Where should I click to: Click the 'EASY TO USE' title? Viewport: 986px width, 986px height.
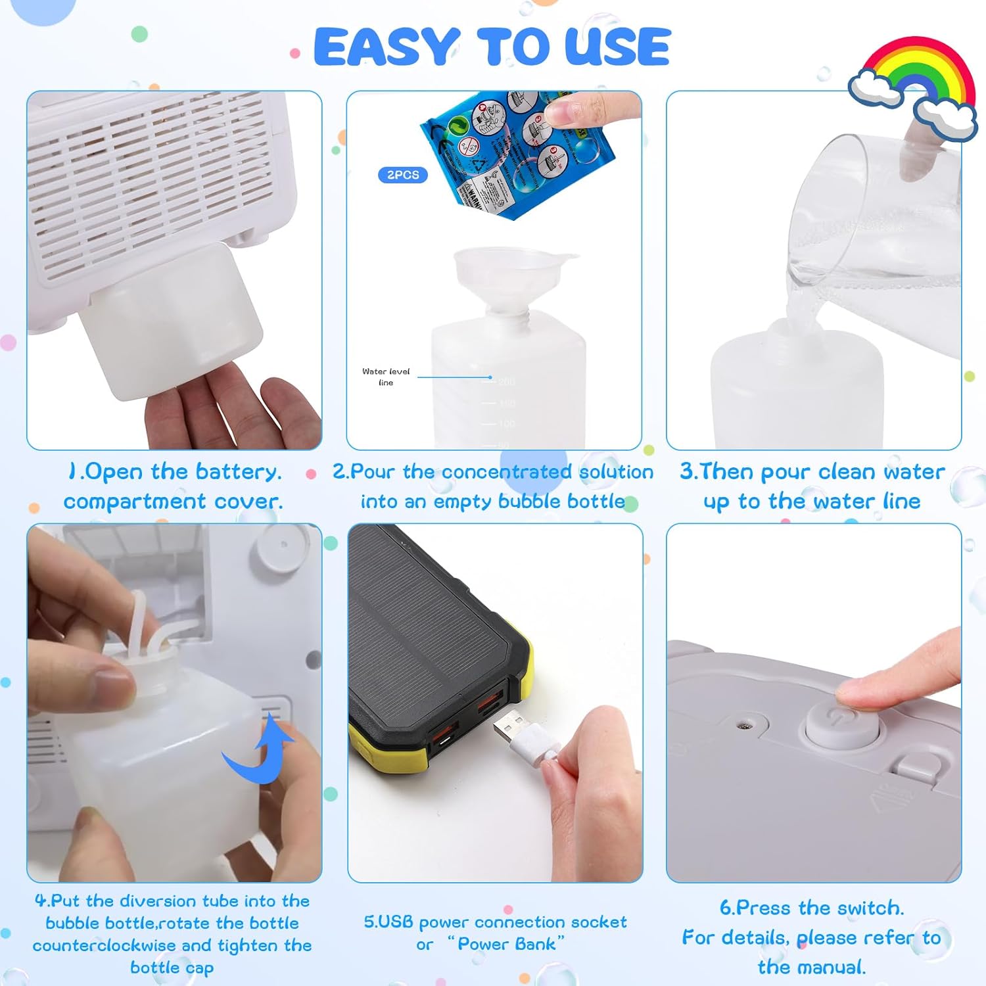pyautogui.click(x=492, y=47)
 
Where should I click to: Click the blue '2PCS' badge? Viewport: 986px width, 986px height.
pyautogui.click(x=402, y=175)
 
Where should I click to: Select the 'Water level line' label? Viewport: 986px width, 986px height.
pyautogui.click(x=386, y=377)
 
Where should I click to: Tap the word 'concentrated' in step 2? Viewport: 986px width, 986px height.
pyautogui.click(x=506, y=472)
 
